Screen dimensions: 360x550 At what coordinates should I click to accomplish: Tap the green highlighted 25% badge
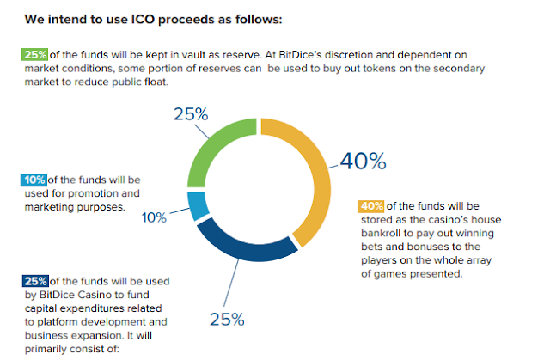tap(34, 54)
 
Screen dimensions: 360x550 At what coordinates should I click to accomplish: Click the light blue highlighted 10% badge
tap(34, 180)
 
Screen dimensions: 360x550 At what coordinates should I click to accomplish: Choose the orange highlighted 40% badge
tap(370, 206)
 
